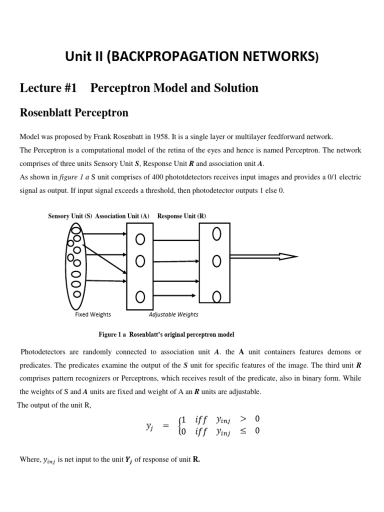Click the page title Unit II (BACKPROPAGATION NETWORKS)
tap(191, 57)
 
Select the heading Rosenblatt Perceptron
tap(73, 112)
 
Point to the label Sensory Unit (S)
tap(70, 216)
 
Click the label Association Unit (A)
tap(122, 216)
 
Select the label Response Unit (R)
tap(181, 216)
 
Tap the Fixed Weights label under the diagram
tap(93, 314)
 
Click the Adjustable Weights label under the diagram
tap(173, 314)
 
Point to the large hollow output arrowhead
tap(287, 256)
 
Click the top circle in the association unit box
tap(140, 240)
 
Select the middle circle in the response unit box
tap(216, 260)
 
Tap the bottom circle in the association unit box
tap(140, 296)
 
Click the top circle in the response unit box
tap(216, 234)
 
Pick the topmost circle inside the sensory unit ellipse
tap(75, 230)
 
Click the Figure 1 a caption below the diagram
tap(166, 334)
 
